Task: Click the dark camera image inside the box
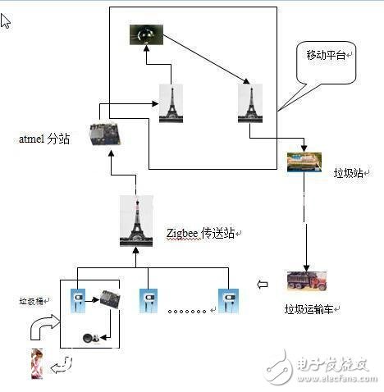point(146,34)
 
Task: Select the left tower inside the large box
point(171,103)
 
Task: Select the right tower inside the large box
point(249,103)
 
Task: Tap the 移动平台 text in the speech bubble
point(327,55)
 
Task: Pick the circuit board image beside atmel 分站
point(105,134)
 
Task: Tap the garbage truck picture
point(307,283)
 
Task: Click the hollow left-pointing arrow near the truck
point(262,285)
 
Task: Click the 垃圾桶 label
point(33,301)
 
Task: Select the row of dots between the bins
point(187,311)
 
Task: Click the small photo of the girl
point(37,364)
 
